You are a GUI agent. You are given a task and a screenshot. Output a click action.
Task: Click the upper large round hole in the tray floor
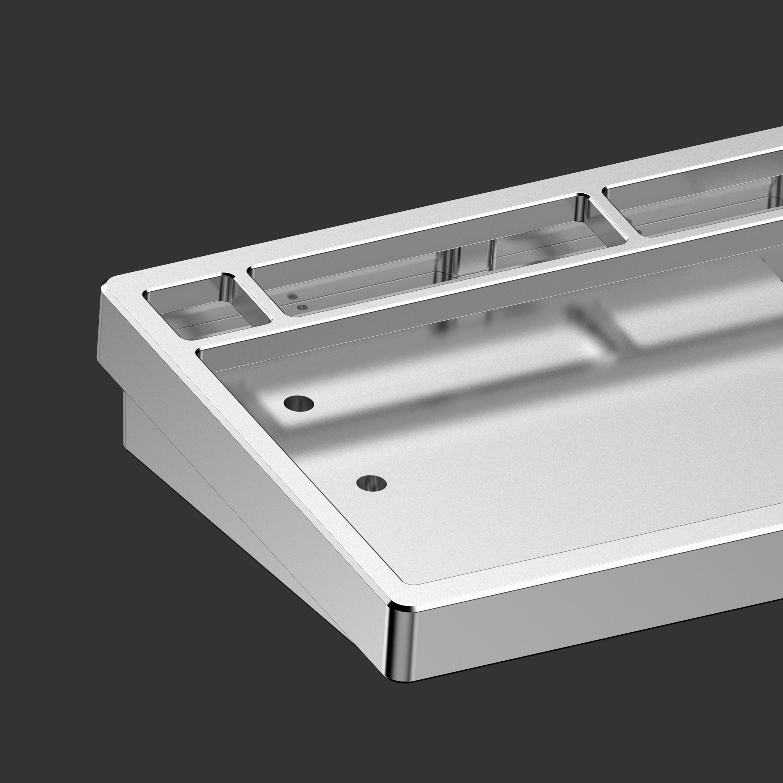tap(299, 404)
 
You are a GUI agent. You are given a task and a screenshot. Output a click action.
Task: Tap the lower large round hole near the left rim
tap(371, 483)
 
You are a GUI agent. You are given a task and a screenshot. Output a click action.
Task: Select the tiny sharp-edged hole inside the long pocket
tap(302, 308)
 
